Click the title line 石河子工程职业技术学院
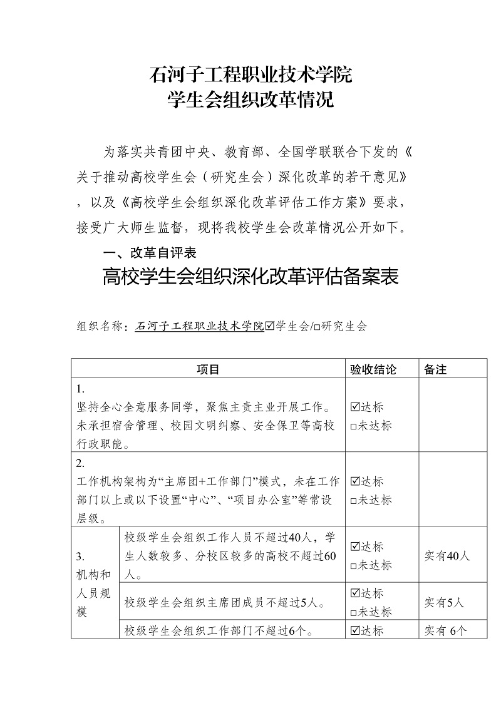[250, 75]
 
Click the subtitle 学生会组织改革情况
[250, 100]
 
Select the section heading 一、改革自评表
[150, 252]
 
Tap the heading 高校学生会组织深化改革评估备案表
[250, 277]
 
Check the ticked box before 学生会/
[271, 326]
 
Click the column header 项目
[209, 369]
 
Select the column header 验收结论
[373, 369]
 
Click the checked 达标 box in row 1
[355, 407]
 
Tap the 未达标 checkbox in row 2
[354, 501]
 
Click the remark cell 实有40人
[447, 556]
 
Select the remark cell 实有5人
[444, 603]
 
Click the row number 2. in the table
[80, 464]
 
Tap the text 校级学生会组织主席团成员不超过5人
[225, 603]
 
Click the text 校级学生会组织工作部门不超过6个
[224, 630]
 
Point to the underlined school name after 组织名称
[199, 327]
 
